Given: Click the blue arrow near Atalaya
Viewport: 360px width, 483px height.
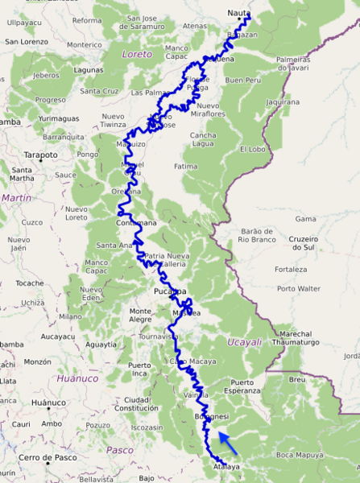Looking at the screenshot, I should coord(227,442).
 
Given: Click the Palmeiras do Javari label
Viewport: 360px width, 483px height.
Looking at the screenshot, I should coord(293,64).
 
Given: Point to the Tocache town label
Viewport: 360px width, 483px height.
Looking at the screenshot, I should coord(31,284).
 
